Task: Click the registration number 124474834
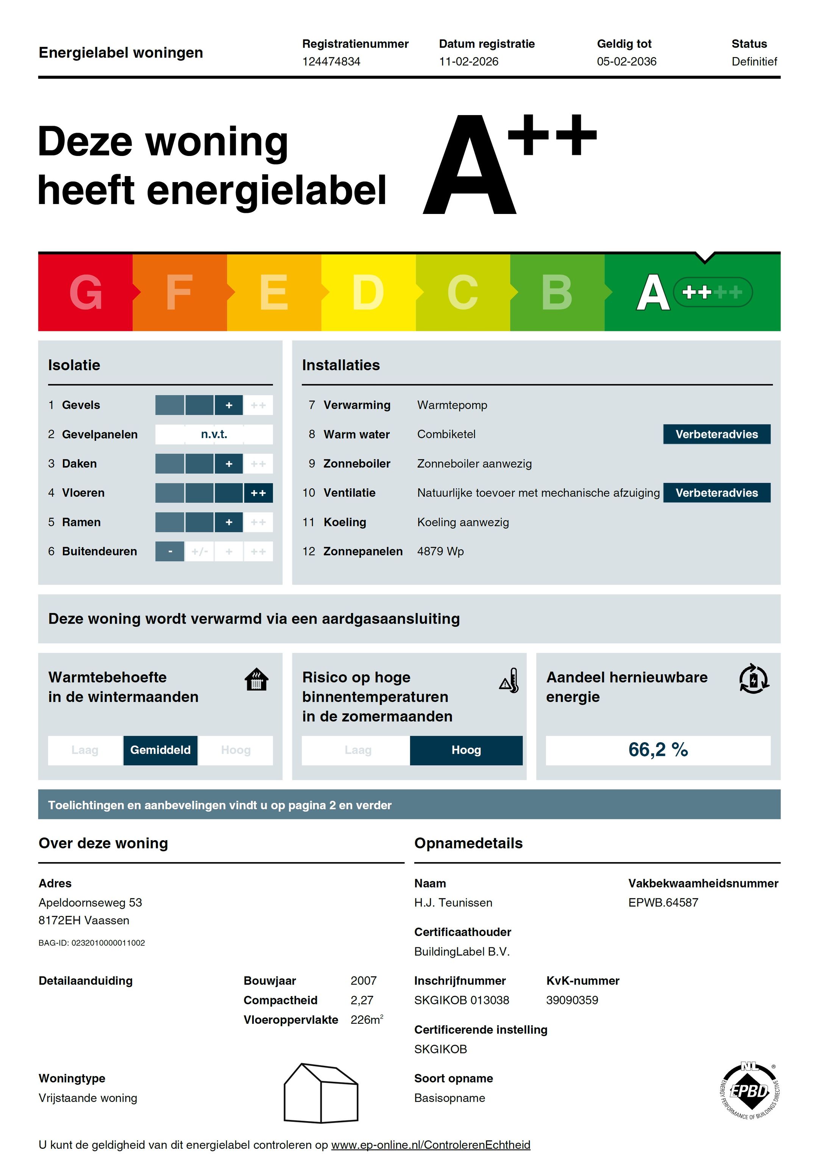(331, 62)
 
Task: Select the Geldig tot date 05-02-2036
(627, 62)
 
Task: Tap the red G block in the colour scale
(85, 292)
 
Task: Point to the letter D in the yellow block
(368, 292)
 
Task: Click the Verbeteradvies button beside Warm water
(717, 434)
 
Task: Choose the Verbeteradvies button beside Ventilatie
(717, 493)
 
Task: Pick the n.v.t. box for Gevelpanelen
(214, 434)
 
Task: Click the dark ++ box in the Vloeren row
(258, 493)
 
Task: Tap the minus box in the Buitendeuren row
(170, 551)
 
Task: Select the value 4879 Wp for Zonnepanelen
(440, 551)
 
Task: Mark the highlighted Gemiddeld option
(160, 750)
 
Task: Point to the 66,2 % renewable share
(658, 750)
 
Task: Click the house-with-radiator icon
(256, 679)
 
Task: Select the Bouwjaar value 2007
(364, 980)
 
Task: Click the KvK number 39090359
(572, 1000)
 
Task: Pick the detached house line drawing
(321, 1093)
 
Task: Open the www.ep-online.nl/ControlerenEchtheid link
(431, 1144)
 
